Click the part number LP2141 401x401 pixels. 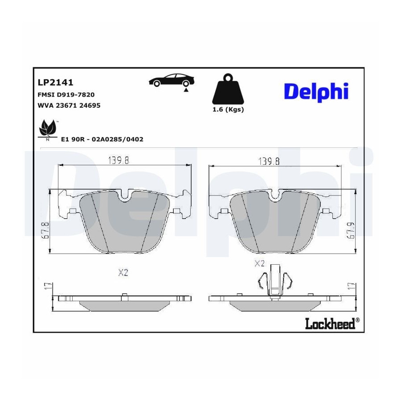point(56,82)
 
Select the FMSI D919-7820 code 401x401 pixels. point(66,94)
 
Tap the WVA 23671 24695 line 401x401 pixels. point(69,105)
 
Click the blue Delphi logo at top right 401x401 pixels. point(316,92)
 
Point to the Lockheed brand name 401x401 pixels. point(330,323)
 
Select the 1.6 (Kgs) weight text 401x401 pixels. point(228,110)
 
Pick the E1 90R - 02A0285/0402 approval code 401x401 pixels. point(102,139)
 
